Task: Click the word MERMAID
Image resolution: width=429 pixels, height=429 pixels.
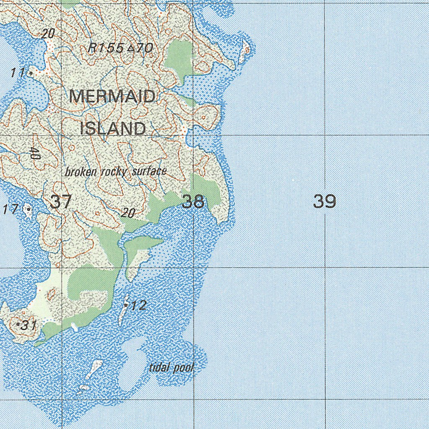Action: pos(112,97)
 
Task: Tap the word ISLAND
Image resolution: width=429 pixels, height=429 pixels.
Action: pos(113,128)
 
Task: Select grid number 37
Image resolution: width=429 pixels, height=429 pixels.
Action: pos(61,202)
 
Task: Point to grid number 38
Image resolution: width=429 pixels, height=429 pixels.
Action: pos(193,202)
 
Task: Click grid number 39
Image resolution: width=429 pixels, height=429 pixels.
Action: pos(325,202)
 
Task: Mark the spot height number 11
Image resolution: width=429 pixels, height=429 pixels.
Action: pos(18,73)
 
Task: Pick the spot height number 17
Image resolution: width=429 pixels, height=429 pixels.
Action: pos(10,209)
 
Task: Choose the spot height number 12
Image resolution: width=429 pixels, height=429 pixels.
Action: pos(139,305)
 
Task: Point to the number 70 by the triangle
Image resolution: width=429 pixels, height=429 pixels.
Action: pos(144,49)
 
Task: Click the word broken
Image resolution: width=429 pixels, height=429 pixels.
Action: pos(81,172)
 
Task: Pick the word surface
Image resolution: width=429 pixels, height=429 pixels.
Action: pos(149,171)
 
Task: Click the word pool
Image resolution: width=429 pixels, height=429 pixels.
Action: pos(184,368)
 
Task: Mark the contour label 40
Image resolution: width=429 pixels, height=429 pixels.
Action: pos(35,153)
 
